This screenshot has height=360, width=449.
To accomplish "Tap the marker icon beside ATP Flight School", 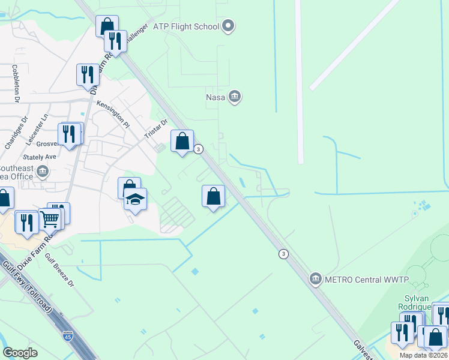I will (228, 25).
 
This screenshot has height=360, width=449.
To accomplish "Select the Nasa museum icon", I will (235, 96).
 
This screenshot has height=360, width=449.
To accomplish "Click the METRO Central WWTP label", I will (367, 279).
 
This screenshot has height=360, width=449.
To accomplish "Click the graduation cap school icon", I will (135, 199).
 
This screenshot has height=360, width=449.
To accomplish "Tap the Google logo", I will (20, 353).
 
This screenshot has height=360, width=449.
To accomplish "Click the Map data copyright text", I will (424, 355).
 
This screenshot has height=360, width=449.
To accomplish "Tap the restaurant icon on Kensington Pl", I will (88, 74).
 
